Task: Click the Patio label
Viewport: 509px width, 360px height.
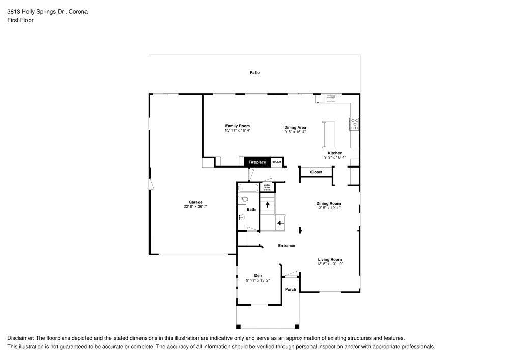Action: click(x=254, y=73)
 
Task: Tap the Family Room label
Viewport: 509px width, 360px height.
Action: click(x=238, y=126)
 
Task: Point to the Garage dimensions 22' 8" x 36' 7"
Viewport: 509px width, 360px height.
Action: click(x=196, y=207)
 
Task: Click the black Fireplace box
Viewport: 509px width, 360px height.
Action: click(x=257, y=162)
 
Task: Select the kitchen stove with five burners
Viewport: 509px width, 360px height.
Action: click(x=354, y=124)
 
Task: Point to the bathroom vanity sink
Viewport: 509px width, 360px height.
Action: click(x=242, y=217)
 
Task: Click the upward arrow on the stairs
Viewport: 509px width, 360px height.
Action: click(x=267, y=204)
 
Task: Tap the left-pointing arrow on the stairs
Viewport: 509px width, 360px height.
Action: click(x=280, y=223)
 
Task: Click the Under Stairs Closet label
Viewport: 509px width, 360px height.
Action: click(x=267, y=187)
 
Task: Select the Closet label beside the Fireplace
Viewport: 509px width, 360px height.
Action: click(x=276, y=162)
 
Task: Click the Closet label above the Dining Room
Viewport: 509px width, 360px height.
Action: click(x=316, y=172)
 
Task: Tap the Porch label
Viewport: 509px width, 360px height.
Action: click(x=290, y=290)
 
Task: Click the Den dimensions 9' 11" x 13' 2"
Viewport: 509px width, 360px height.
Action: click(x=258, y=280)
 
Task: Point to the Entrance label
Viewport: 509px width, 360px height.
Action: click(x=287, y=246)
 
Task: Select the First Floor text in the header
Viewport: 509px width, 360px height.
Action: click(x=20, y=20)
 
